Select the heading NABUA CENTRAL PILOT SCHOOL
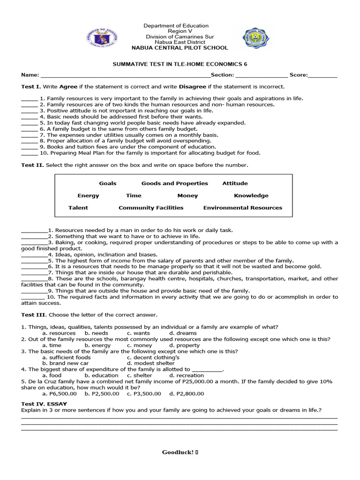pos(180,48)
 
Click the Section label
pos(222,75)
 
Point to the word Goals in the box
pos(108,183)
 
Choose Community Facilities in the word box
pos(151,208)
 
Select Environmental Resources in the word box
pos(242,208)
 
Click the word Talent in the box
pos(78,208)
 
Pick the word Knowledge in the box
pos(251,195)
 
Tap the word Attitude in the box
pos(235,183)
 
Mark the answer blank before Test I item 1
pos(29,99)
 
